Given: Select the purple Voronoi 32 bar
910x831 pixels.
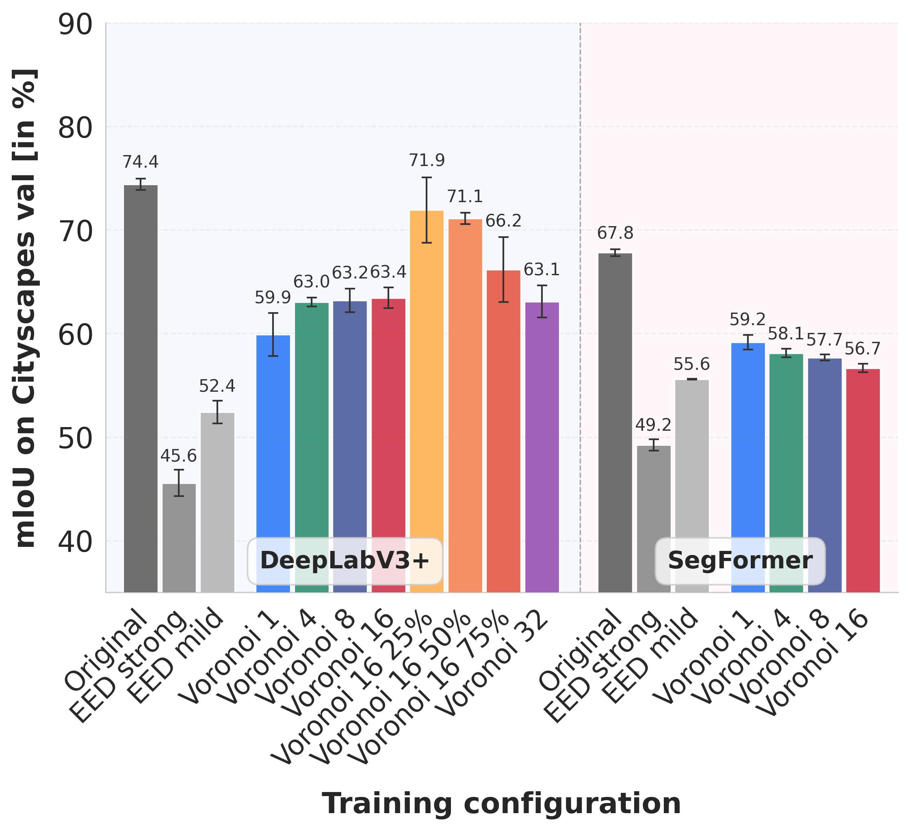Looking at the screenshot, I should point(542,447).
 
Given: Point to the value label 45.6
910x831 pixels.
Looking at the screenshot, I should point(179,456).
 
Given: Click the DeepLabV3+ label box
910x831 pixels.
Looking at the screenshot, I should point(345,561).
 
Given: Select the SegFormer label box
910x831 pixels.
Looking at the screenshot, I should point(740,561).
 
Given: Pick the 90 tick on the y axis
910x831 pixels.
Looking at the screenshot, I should point(76,24).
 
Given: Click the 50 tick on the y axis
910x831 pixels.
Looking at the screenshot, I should point(76,438).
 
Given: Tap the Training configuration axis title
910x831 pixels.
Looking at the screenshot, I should point(501,803).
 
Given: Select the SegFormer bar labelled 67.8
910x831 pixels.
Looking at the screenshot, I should point(615,422).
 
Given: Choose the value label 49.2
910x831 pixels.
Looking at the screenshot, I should point(653,425).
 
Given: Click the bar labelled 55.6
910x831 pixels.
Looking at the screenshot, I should point(691,485).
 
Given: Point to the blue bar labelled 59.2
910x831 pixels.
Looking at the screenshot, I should point(747,467).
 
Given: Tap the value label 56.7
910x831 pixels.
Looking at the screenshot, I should point(862,349).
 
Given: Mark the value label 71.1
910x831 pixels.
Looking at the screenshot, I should point(465,197).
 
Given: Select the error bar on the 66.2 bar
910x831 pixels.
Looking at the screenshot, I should point(504,269).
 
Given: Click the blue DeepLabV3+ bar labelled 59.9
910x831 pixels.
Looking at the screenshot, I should point(273,462).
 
